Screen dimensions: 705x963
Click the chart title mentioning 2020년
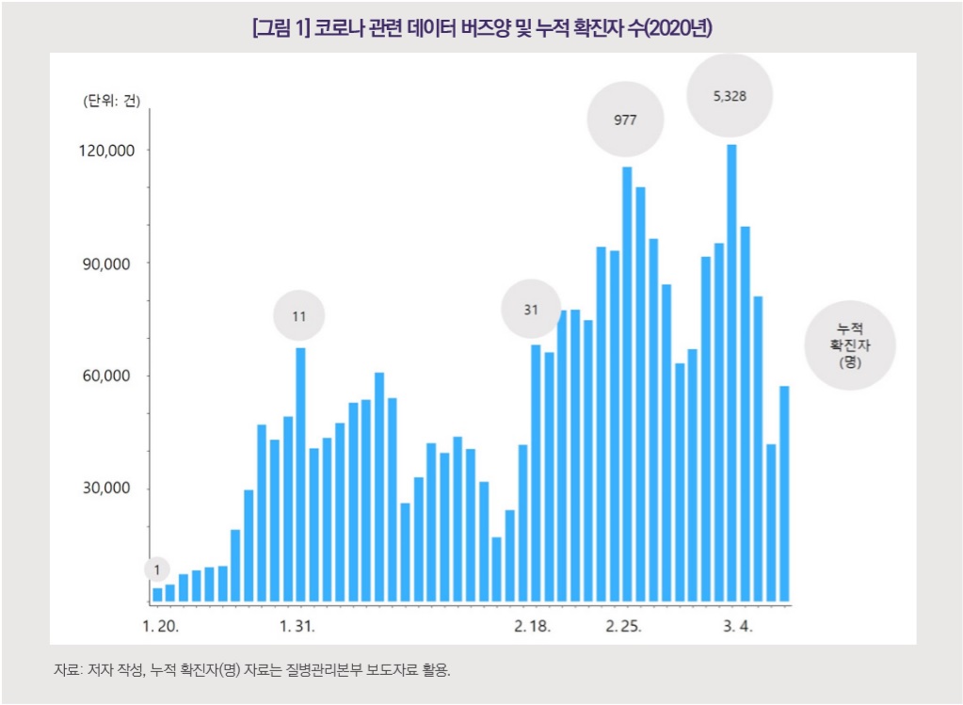click(482, 28)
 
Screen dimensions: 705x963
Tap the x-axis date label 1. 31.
click(297, 626)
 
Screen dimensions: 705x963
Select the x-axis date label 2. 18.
click(533, 626)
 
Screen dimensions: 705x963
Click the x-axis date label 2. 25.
click(624, 626)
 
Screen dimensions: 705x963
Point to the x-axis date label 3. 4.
click(738, 626)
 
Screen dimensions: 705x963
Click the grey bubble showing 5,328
click(730, 96)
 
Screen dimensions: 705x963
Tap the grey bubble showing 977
click(625, 120)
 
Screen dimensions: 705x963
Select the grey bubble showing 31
click(530, 308)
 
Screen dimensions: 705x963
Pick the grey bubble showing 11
click(298, 316)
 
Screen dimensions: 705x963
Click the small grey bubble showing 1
click(157, 569)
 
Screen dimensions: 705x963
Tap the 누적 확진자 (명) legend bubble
click(851, 344)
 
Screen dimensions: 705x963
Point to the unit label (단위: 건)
click(111, 102)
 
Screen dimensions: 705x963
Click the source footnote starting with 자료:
click(252, 670)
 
